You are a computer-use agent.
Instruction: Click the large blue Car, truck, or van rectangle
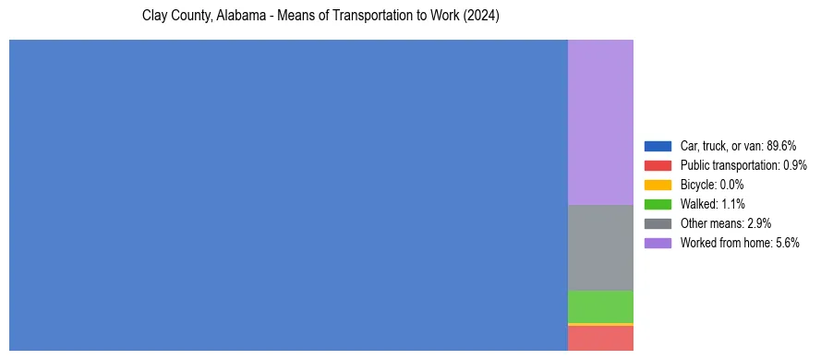click(288, 195)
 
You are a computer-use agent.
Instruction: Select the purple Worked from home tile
click(600, 122)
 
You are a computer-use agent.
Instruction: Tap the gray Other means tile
click(600, 247)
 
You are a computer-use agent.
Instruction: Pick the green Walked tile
click(600, 306)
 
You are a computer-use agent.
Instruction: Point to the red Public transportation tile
click(600, 339)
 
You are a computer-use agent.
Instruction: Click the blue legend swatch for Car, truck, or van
click(658, 146)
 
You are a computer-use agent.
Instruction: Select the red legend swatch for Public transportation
click(658, 165)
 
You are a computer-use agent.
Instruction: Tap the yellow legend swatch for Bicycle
click(658, 185)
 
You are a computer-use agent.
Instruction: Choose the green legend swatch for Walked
click(658, 204)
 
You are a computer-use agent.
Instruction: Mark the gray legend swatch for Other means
click(658, 223)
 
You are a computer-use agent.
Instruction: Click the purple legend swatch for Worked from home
click(658, 243)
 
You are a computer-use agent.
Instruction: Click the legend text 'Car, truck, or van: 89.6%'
click(738, 146)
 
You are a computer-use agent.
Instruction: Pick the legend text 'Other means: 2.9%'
click(725, 223)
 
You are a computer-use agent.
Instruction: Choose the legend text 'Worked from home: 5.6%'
click(740, 243)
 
